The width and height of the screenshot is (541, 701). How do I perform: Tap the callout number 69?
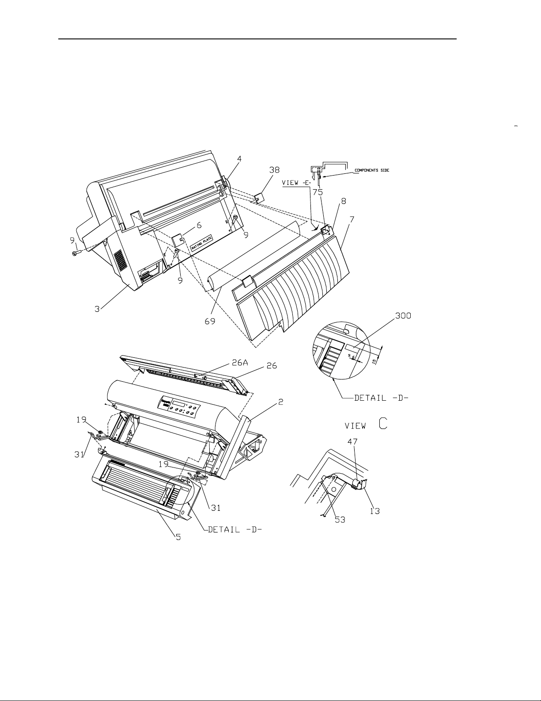[x=210, y=321]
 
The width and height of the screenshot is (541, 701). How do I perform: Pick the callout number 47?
[x=352, y=441]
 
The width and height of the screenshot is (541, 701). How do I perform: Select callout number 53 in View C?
[x=340, y=520]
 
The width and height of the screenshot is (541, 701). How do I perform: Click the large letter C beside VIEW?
[x=383, y=423]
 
